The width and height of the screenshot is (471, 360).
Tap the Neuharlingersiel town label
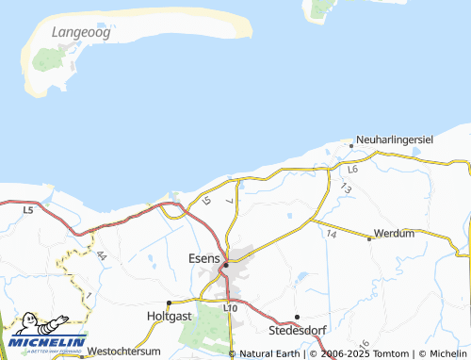coord(395,139)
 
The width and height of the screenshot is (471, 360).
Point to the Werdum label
coord(394,233)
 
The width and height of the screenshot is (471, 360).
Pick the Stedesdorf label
coord(297,331)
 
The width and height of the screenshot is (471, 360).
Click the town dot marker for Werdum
coord(369,238)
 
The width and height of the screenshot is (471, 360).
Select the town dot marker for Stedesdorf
coord(297,317)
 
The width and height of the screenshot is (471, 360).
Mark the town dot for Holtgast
coord(169,303)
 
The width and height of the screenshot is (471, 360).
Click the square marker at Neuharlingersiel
coord(351,145)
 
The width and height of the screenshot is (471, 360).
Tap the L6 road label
coord(352,170)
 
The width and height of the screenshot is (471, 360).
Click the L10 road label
coord(230,308)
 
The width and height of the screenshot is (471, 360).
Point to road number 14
coord(332,233)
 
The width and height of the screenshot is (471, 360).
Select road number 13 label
coord(347,188)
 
